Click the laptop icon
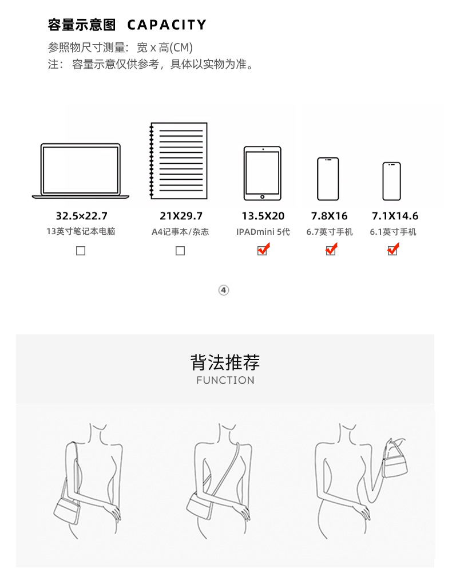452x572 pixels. pyautogui.click(x=81, y=171)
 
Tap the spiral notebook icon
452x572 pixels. pyautogui.click(x=179, y=161)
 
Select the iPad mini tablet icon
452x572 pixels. pyautogui.click(x=263, y=173)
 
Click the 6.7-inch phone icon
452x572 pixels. pyautogui.click(x=328, y=179)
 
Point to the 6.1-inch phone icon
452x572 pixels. pyautogui.click(x=392, y=182)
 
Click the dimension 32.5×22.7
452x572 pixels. pyautogui.click(x=82, y=216)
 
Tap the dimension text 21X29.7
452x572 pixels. pyautogui.click(x=181, y=216)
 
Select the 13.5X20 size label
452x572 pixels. pyautogui.click(x=263, y=216)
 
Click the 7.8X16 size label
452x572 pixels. pyautogui.click(x=330, y=216)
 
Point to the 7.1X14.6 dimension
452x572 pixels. pyautogui.click(x=395, y=216)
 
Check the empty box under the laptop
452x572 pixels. pyautogui.click(x=81, y=251)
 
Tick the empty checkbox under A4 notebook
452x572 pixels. pyautogui.click(x=180, y=251)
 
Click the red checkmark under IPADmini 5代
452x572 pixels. pyautogui.click(x=264, y=250)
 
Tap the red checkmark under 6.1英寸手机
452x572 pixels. pyautogui.click(x=393, y=250)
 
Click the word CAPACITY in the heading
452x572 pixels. pyautogui.click(x=167, y=25)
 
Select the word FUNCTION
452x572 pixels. pyautogui.click(x=225, y=380)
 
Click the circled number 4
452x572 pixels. pyautogui.click(x=224, y=290)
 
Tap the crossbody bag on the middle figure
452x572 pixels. pyautogui.click(x=199, y=506)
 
